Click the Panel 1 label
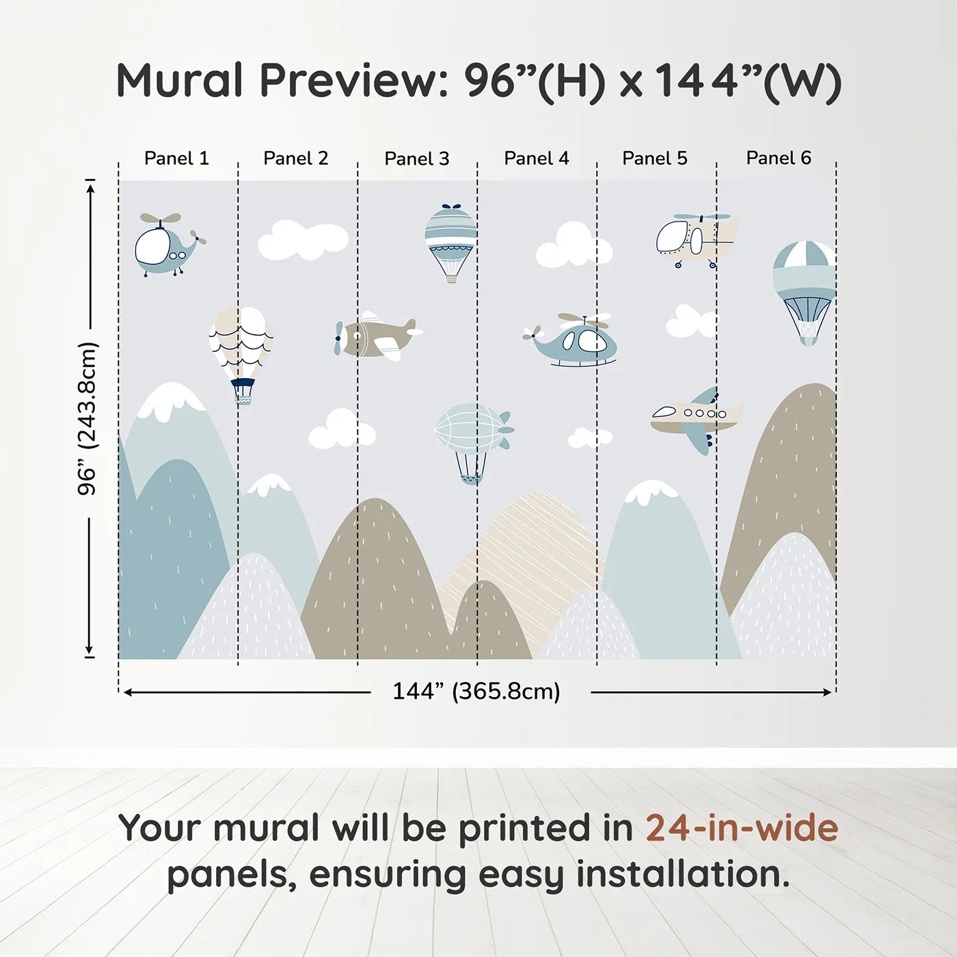176,159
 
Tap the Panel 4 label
536,159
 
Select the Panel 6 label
778,158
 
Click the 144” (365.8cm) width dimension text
476,691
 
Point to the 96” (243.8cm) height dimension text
87,418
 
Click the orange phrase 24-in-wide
742,828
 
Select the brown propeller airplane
376,336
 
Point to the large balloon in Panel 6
805,287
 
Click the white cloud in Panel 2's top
303,241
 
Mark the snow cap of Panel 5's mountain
650,491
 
